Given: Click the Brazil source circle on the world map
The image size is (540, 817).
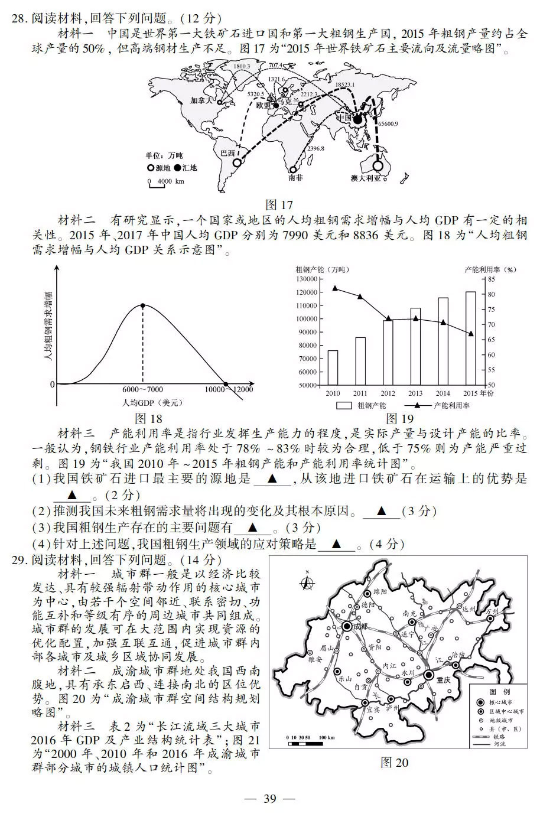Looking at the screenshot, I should pos(238,162).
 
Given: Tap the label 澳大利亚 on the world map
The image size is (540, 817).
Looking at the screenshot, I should pos(365,178).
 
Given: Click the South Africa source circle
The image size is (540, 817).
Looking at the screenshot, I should pos(293,170).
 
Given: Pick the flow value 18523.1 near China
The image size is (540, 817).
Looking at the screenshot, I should pos(345,85).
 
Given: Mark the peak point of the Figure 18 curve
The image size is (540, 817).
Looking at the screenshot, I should pos(142,305).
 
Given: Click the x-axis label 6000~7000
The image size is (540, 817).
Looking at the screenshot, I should pos(142,389).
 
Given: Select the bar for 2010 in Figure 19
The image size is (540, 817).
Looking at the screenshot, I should pos(333,367).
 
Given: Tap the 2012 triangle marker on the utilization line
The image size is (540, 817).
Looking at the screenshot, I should pos(388,319).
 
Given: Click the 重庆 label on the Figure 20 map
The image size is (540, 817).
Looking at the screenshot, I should pos(443,680).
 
